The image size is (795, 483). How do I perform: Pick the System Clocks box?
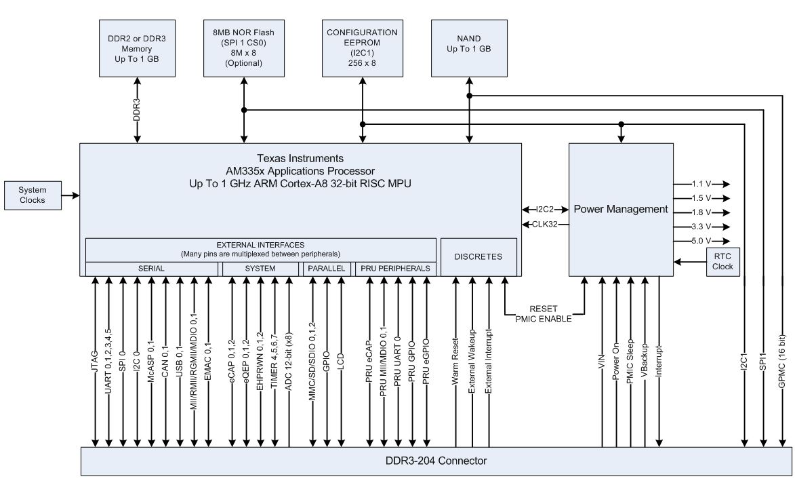(x=32, y=195)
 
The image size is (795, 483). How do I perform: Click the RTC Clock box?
(x=723, y=261)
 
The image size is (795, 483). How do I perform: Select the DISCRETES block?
(x=478, y=256)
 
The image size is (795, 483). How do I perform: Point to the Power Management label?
(x=621, y=209)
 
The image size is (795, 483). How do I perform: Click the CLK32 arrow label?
(x=545, y=225)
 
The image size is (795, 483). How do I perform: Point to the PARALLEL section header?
(x=327, y=269)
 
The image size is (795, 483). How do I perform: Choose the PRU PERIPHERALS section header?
(x=395, y=269)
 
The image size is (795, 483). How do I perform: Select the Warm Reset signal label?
(x=455, y=360)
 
